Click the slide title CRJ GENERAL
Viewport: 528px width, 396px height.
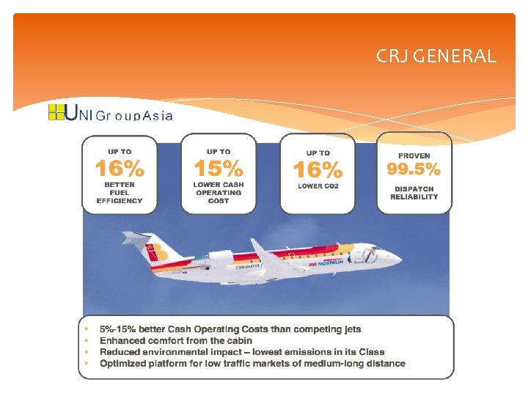436,56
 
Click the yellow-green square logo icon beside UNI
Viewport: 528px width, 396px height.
56,112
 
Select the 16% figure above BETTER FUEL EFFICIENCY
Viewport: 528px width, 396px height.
120,169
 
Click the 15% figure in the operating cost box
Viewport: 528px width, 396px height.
218,169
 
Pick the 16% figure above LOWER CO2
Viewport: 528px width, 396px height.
318,170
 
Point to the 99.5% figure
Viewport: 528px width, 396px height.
414,169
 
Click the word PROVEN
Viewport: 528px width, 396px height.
414,155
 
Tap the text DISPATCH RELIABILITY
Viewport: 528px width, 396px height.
414,193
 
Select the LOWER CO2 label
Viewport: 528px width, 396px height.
318,186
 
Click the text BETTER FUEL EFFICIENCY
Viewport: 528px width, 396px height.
120,193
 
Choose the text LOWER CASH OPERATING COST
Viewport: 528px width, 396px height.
218,193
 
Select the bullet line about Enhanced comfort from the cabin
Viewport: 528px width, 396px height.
176,340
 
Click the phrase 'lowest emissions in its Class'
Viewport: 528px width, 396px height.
322,352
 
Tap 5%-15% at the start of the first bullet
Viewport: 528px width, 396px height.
114,329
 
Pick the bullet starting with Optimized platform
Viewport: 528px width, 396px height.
252,363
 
